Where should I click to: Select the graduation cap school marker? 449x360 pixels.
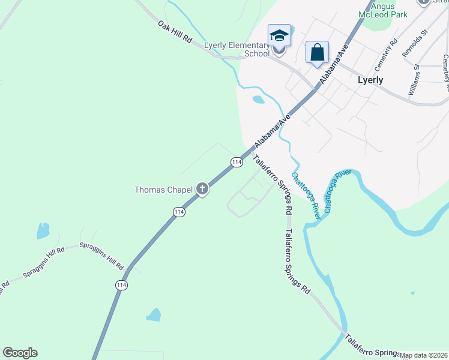279,37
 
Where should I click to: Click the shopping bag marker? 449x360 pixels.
317,52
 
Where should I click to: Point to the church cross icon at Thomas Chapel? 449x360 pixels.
202,190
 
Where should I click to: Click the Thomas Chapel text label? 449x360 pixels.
163,190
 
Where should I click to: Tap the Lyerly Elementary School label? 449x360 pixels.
237,49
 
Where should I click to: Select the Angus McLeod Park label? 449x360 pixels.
382,10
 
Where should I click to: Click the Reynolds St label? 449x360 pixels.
415,42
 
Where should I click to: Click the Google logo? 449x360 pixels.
20,353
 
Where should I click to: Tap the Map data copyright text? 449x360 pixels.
424,355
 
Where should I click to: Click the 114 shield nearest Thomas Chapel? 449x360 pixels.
178,212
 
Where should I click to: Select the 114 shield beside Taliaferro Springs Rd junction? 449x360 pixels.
237,162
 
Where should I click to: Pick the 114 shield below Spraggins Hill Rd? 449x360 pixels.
122,284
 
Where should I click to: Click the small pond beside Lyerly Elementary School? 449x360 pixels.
258,100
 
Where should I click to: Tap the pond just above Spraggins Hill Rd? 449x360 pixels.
43,230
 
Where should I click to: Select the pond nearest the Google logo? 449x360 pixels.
154,314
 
